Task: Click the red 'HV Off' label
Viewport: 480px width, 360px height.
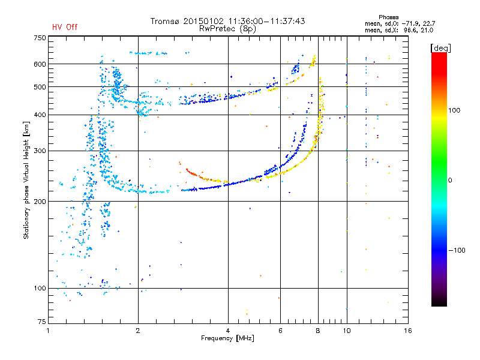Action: click(64, 27)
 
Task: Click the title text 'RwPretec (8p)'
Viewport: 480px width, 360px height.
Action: click(227, 28)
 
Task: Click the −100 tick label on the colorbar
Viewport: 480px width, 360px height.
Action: click(457, 250)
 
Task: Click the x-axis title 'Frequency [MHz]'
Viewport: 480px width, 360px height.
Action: click(228, 338)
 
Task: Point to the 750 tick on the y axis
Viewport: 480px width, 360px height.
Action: click(40, 38)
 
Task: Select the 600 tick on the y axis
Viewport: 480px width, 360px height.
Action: click(40, 64)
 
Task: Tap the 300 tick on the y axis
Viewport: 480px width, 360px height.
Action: click(40, 151)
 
